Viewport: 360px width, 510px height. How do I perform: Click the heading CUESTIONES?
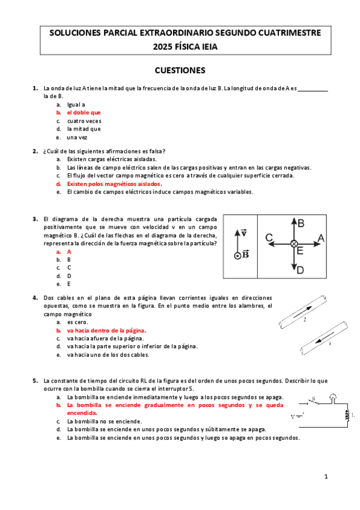180,70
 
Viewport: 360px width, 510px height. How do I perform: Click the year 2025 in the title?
162,47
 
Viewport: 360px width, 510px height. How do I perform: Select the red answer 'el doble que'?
84,112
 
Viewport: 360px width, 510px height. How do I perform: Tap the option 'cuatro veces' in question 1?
84,121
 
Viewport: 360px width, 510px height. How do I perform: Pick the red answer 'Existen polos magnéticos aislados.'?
114,184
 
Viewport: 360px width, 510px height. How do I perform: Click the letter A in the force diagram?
321,238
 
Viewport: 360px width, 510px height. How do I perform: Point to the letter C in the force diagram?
269,238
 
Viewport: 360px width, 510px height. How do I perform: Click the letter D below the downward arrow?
301,270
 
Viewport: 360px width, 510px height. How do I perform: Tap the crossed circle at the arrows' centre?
294,244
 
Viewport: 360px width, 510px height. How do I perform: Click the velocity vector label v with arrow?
243,232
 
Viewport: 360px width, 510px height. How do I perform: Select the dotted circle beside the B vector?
237,256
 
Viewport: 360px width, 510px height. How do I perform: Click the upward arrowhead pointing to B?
294,221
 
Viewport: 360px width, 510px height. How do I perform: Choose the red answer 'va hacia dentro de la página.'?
106,330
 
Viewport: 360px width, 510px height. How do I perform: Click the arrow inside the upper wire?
302,312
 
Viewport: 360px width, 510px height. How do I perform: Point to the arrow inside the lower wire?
325,338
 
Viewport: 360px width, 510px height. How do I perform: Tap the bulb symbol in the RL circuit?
333,398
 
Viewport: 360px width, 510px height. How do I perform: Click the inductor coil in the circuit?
347,415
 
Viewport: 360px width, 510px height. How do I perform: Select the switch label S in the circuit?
314,398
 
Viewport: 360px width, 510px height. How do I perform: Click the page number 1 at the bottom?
326,476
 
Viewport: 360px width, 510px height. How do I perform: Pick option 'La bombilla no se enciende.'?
105,422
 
